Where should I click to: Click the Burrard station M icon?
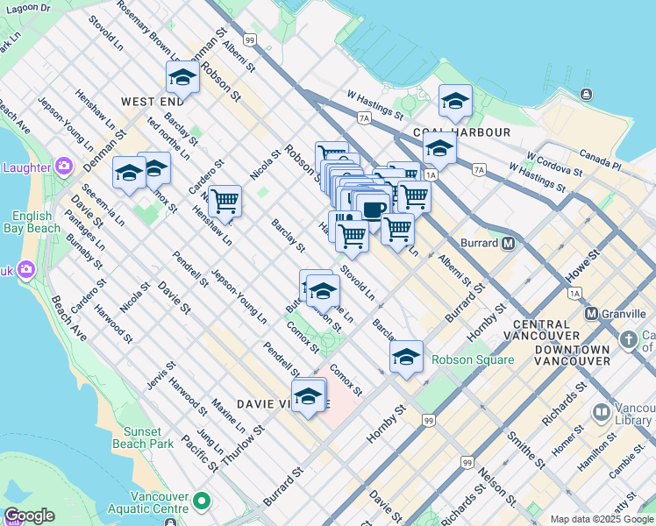coord(508,244)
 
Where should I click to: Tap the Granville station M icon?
coord(591,314)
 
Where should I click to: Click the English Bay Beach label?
coord(37,222)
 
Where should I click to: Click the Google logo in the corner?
coord(30,515)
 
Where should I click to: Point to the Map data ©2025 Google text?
coord(602,519)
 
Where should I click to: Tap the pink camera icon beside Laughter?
coord(63,166)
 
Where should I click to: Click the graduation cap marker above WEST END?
coord(182,78)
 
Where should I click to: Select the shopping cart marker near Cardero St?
coord(225,201)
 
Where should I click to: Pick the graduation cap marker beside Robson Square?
coord(406,357)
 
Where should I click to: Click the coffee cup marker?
coord(373,210)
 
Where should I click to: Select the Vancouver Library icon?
coord(602,412)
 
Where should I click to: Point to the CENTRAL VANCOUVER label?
coord(546,330)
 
